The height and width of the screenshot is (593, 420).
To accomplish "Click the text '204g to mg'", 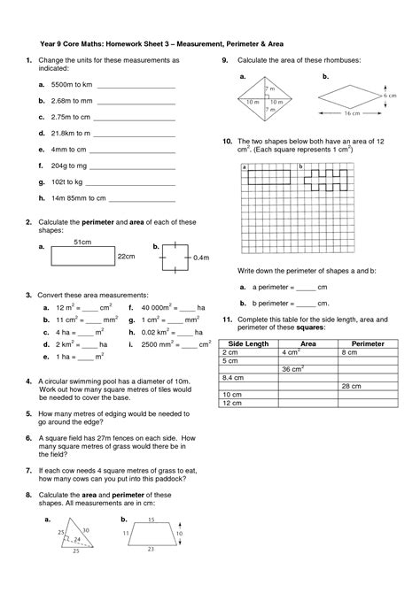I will pyautogui.click(x=70, y=166).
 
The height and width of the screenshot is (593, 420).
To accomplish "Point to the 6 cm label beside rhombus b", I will pyautogui.click(x=389, y=94).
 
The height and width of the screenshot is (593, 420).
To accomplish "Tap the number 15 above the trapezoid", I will pyautogui.click(x=152, y=520).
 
